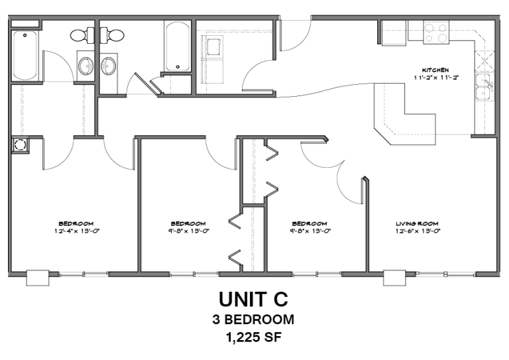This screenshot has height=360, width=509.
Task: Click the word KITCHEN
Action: pyautogui.click(x=436, y=70)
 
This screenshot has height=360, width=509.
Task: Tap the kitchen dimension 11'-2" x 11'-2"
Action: pyautogui.click(x=436, y=78)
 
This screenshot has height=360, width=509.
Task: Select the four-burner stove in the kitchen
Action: pyautogui.click(x=436, y=32)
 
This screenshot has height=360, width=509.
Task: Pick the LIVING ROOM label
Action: pyautogui.click(x=418, y=223)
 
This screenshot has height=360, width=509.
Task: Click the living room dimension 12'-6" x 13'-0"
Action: pyautogui.click(x=418, y=231)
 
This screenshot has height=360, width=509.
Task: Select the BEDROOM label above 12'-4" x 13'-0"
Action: pyautogui.click(x=76, y=223)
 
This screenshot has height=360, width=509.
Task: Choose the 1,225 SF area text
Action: pyautogui.click(x=254, y=338)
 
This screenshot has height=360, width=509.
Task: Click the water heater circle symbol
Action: pyautogui.click(x=19, y=144)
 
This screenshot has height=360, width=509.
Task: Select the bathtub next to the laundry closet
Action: pyautogui.click(x=178, y=46)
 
